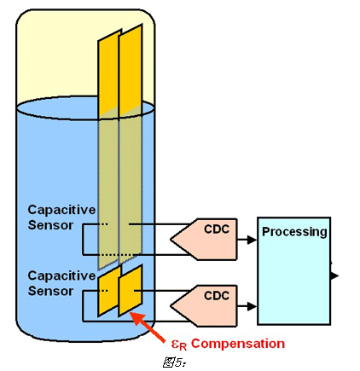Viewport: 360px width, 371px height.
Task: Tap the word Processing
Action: [294, 232]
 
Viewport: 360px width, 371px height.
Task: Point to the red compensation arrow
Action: [147, 327]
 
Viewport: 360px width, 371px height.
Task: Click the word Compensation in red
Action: [238, 344]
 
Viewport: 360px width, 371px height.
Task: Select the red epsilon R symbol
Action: [179, 345]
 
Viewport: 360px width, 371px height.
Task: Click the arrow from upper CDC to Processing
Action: [247, 240]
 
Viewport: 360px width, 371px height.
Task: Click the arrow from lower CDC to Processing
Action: [247, 306]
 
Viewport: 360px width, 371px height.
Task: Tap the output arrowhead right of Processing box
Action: [335, 275]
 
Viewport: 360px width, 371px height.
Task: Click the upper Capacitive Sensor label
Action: [61, 217]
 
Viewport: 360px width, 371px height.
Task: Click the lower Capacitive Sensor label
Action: [61, 283]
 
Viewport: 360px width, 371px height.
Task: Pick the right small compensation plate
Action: [131, 290]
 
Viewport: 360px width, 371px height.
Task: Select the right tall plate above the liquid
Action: [131, 70]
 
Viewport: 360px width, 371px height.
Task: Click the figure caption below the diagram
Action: [175, 362]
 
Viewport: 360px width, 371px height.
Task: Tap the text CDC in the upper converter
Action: [217, 229]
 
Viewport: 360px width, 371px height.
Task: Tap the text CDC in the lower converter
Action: [217, 296]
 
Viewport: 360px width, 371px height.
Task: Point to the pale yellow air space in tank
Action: [57, 57]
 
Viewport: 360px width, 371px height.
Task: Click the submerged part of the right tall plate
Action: [131, 185]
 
